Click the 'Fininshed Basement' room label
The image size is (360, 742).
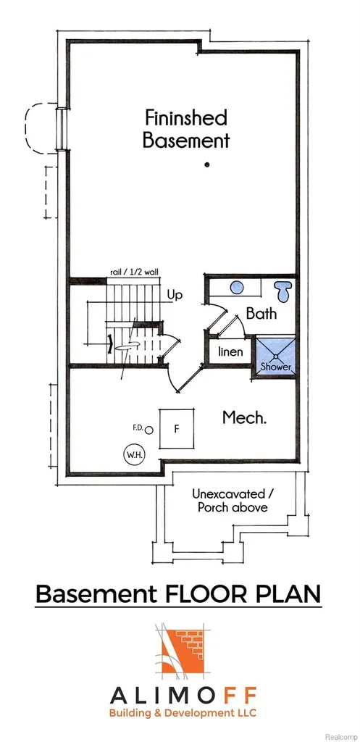[x=186, y=129]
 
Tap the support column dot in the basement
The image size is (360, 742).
[x=206, y=164]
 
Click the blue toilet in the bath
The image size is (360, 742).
[x=285, y=290]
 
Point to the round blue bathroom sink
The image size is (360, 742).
[x=237, y=287]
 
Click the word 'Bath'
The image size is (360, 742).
[x=261, y=313]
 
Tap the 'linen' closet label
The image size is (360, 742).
[x=230, y=351]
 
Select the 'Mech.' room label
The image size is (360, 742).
[x=245, y=417]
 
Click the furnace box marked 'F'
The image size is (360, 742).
[x=177, y=429]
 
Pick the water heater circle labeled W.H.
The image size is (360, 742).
[x=134, y=455]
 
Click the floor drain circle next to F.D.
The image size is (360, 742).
[x=149, y=430]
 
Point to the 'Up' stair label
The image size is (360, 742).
[x=175, y=295]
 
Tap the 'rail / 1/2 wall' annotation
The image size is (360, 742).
[x=134, y=272]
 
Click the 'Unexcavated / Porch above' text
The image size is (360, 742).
[x=233, y=501]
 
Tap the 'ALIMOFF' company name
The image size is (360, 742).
[x=183, y=696]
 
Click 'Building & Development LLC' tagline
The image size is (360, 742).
[x=183, y=713]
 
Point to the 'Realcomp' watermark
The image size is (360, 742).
[x=340, y=737]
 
